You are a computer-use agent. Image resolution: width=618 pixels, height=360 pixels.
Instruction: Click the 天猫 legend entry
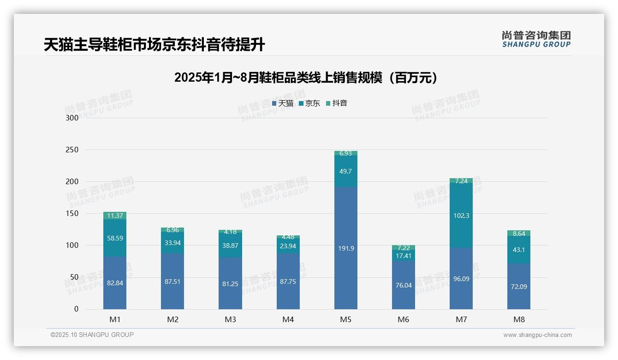(282, 103)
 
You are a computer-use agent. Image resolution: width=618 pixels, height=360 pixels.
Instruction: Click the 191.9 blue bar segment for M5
(345, 248)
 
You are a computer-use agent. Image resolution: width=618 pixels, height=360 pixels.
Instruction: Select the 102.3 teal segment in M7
(461, 216)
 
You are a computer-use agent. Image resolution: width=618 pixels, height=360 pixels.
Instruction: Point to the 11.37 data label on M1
(115, 216)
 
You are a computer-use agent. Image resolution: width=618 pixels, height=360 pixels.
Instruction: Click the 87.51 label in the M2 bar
(172, 282)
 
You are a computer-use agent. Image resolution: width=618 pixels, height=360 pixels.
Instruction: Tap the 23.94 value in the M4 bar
(288, 246)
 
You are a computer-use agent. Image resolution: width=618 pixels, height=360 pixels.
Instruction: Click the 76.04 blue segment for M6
(403, 285)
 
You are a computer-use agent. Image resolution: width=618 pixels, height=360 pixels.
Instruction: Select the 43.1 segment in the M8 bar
(519, 250)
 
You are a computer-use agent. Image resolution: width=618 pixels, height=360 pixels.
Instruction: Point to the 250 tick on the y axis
(72, 150)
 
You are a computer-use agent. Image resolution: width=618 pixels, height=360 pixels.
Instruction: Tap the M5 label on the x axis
(345, 319)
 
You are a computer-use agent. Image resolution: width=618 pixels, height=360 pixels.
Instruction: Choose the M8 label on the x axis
(519, 319)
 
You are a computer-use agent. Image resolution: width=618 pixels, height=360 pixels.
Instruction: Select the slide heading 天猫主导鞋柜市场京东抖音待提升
(154, 45)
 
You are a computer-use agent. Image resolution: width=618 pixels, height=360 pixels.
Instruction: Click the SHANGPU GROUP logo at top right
(536, 39)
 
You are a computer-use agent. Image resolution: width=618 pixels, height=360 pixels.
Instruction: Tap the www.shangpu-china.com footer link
(537, 335)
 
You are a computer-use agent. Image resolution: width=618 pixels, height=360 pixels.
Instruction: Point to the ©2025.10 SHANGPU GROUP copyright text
(92, 335)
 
